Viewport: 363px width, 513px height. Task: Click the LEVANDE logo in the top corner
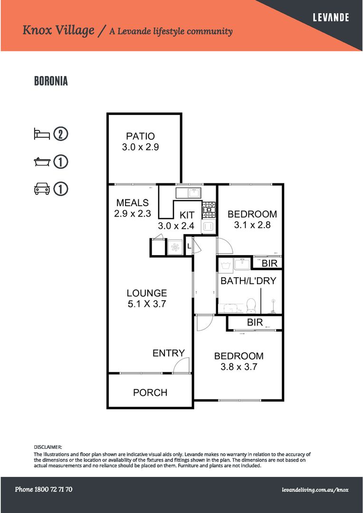click(331, 18)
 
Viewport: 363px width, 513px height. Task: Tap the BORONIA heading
click(51, 81)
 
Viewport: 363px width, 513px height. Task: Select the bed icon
click(42, 134)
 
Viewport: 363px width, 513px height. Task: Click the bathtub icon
click(42, 161)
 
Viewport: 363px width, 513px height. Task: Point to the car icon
click(42, 189)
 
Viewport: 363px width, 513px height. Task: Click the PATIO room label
click(141, 136)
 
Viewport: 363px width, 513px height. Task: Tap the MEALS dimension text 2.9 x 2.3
click(132, 214)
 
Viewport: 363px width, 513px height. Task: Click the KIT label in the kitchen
click(187, 215)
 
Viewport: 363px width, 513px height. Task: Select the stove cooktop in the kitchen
click(209, 210)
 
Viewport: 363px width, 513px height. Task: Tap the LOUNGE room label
click(147, 293)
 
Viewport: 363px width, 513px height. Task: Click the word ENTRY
click(169, 353)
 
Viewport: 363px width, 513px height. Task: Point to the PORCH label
click(150, 392)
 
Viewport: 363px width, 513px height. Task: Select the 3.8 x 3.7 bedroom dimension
click(239, 367)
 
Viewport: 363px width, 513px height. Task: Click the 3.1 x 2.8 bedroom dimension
click(252, 225)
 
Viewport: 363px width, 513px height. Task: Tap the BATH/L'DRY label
click(248, 281)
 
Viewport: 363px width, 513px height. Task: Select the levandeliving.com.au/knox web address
click(315, 490)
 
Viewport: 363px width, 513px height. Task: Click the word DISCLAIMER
click(48, 446)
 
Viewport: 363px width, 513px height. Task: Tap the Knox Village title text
click(58, 30)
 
